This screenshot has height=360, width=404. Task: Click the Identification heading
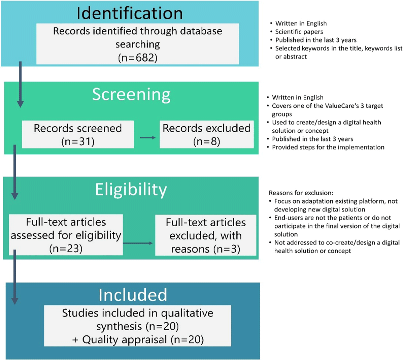[x=130, y=13]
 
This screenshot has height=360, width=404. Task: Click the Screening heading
[x=131, y=95]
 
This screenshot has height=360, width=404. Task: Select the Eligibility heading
[x=131, y=190]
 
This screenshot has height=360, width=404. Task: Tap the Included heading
[x=133, y=295]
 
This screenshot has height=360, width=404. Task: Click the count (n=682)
[x=138, y=58]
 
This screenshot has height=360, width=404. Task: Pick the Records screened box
[x=78, y=134]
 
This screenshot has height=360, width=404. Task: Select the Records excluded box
[x=206, y=134]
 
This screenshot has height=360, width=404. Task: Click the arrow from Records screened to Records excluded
[x=147, y=137]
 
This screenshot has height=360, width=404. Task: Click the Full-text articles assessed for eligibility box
[x=66, y=235]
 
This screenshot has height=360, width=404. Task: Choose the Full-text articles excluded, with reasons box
[x=206, y=235]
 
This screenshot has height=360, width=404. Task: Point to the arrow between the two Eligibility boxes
[x=138, y=243]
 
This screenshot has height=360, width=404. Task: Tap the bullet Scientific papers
[x=299, y=32]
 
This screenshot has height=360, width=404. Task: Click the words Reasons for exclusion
[x=301, y=193]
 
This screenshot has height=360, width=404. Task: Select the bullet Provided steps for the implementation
[x=328, y=147]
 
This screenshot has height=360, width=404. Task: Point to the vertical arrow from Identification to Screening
[x=20, y=84]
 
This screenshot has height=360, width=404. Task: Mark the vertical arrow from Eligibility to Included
[x=14, y=276]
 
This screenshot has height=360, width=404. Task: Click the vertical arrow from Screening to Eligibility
[x=14, y=172]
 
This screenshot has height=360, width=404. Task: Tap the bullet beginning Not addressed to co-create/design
[x=337, y=247]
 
